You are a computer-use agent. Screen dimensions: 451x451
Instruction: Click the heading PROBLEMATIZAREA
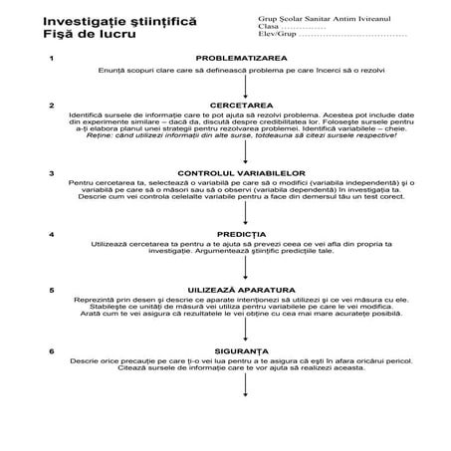coord(242,59)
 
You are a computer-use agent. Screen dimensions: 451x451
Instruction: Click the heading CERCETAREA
coord(242,103)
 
